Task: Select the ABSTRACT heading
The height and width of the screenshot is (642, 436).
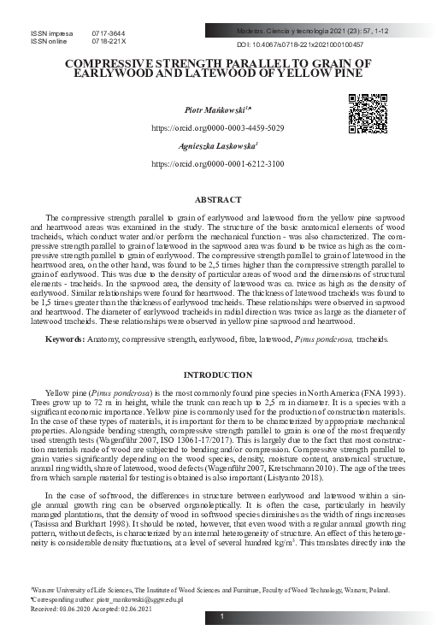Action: [218, 198]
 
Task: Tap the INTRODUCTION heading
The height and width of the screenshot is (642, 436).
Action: [218, 375]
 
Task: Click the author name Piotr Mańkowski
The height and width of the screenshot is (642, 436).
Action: [216, 111]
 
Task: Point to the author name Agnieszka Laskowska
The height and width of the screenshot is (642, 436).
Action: [216, 146]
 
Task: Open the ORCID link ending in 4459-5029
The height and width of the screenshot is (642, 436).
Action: [218, 127]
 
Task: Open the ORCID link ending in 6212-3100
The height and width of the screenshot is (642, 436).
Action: [218, 162]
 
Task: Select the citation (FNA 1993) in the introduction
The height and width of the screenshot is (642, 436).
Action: [377, 391]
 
